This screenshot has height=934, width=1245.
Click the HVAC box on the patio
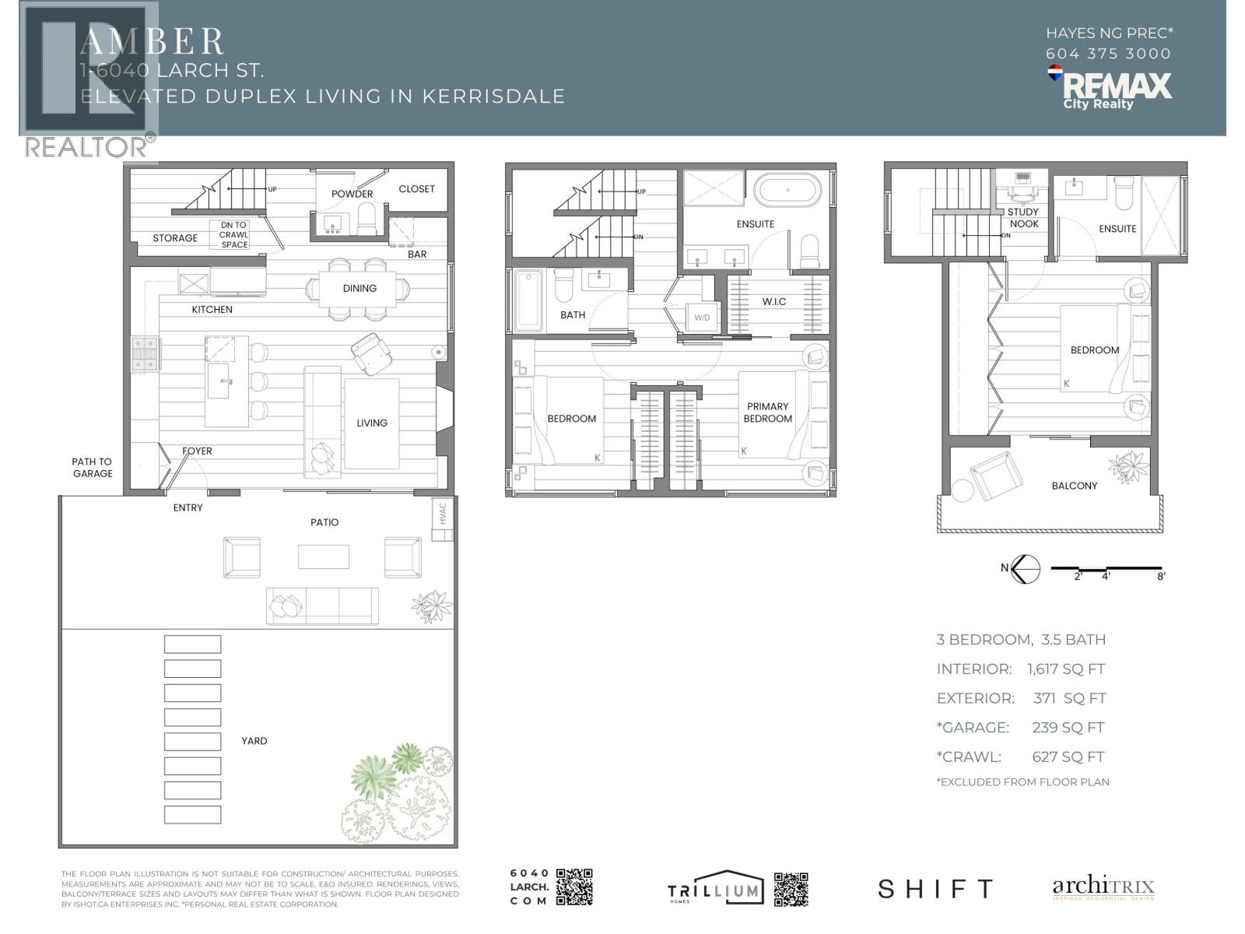[x=443, y=514]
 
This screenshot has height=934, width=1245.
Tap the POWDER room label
[x=352, y=194]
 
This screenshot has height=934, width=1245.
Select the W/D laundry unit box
[x=702, y=318]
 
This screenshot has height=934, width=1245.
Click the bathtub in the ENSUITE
[x=787, y=189]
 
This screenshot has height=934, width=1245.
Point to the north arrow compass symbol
[x=1026, y=568]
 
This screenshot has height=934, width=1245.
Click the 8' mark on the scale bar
[x=1160, y=576]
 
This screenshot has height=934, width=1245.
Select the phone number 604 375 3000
[x=1108, y=54]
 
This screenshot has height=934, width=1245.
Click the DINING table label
[x=359, y=288]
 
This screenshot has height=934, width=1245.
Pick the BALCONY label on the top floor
[x=1074, y=486]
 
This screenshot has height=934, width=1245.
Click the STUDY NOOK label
[x=1023, y=218]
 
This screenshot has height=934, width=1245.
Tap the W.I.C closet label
[x=773, y=301]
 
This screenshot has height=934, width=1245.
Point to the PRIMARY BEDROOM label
[x=767, y=413]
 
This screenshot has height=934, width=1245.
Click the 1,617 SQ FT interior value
[x=1065, y=669]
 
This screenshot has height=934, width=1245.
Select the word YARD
[x=254, y=741]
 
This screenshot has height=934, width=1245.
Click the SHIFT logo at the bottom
[x=935, y=889]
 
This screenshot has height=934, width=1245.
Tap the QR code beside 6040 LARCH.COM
[x=574, y=887]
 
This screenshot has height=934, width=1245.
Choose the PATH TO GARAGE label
[x=93, y=467]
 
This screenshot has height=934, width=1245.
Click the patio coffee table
[x=324, y=557]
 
